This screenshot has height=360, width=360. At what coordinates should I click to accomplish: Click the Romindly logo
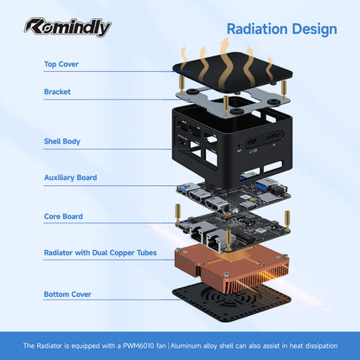tap(67, 28)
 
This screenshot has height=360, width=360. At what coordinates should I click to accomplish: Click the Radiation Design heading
tap(282, 29)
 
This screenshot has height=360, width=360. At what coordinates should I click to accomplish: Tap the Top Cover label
tap(61, 64)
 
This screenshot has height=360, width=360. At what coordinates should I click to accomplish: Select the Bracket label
tap(57, 92)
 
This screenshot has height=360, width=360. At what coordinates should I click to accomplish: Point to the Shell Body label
tap(62, 141)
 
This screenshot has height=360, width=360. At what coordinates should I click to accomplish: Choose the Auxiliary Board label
tap(70, 177)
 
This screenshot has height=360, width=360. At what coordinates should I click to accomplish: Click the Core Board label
tap(63, 216)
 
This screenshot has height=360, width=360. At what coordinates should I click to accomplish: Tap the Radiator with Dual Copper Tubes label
tap(100, 253)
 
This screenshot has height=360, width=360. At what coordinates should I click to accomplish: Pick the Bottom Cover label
tap(67, 294)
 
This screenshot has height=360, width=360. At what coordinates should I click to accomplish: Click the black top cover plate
tap(233, 72)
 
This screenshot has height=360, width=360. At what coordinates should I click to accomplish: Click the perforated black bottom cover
tap(232, 301)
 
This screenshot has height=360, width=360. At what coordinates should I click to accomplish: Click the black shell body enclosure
tap(232, 145)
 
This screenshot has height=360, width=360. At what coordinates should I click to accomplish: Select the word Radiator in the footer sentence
tap(49, 345)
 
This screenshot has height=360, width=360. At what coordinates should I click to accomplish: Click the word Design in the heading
tap(314, 30)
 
